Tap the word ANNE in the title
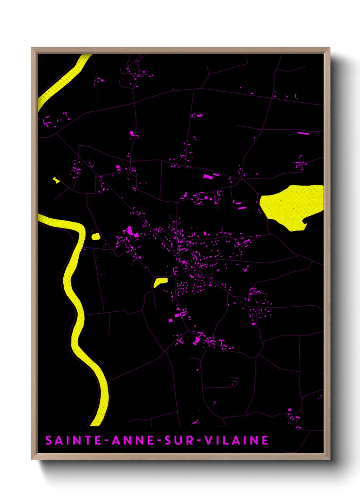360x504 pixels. pyautogui.click(x=133, y=440)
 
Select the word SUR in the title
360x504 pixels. pyautogui.click(x=179, y=440)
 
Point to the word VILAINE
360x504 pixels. pyautogui.click(x=236, y=440)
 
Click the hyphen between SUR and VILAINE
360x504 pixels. pyautogui.click(x=199, y=441)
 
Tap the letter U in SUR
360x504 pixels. pyautogui.click(x=179, y=440)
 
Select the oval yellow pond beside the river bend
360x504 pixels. pyautogui.click(x=96, y=236)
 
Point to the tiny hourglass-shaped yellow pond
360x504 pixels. pyautogui.click(x=56, y=180)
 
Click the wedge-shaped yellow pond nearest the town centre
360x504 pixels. pyautogui.click(x=160, y=282)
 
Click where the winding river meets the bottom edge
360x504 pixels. pyautogui.click(x=96, y=424)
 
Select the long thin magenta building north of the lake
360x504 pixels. pyautogui.click(x=303, y=133)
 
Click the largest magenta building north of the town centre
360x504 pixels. pyautogui.click(x=208, y=176)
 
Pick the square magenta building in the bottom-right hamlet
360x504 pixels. pyautogui.click(x=290, y=410)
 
